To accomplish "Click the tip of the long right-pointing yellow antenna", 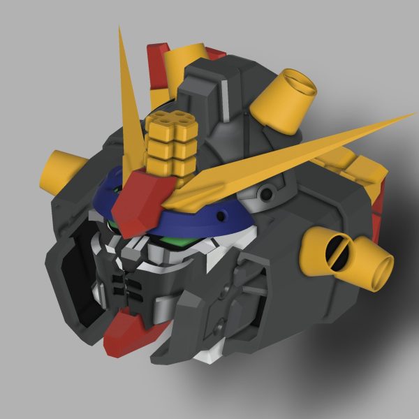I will pyautogui.click(x=412, y=115).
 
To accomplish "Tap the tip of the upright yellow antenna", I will pyautogui.click(x=120, y=29).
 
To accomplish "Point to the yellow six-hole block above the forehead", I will pyautogui.click(x=170, y=143).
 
